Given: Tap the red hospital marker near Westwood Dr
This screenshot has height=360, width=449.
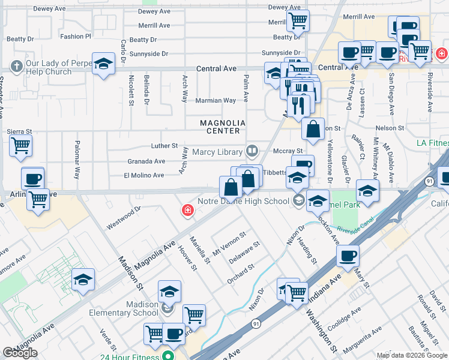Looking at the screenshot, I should point(188,210).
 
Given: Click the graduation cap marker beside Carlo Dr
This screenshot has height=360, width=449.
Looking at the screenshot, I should point(103,64).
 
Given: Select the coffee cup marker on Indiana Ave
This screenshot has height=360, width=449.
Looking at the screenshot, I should point(348,256).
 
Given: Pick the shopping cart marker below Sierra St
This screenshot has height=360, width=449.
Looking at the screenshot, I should point(20,145).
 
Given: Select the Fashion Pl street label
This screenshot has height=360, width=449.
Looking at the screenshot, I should point(76,37).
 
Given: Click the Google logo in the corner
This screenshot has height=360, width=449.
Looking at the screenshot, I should point(20,353).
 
